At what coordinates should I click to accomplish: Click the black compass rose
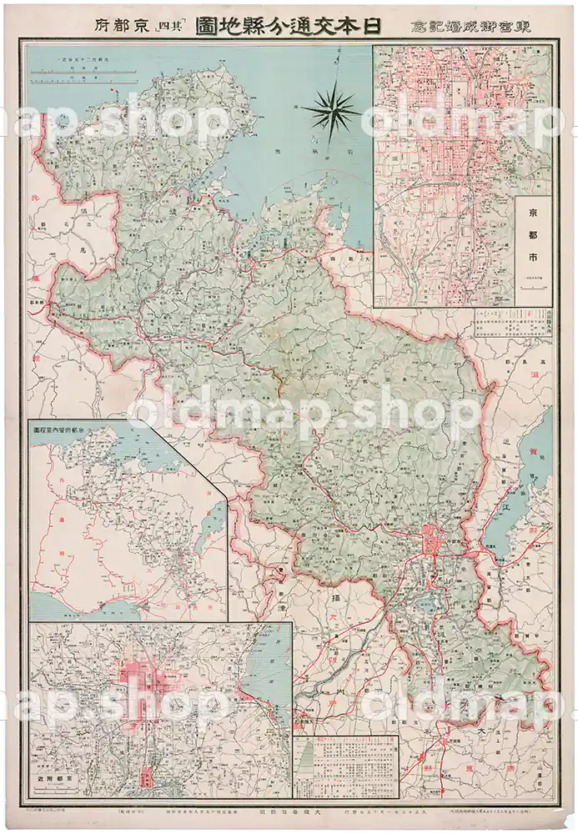click(x=330, y=111)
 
